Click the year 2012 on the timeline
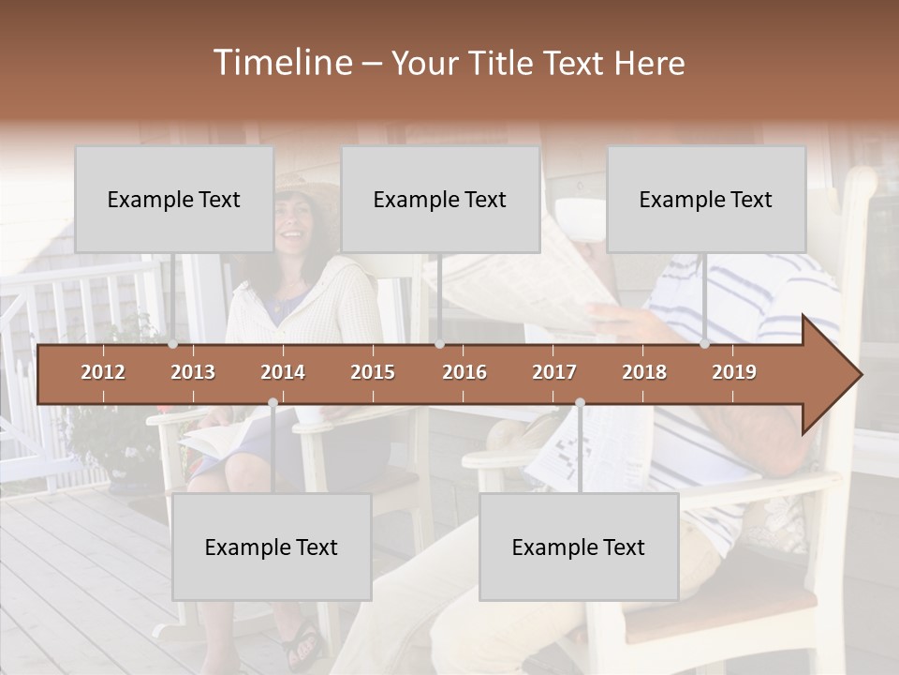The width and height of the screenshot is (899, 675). (103, 372)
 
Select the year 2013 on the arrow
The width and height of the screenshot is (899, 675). (193, 372)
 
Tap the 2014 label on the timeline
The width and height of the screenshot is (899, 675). (283, 372)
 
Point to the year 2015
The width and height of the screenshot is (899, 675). (373, 372)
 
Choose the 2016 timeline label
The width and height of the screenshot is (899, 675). (464, 372)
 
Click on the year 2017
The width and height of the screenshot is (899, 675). (554, 372)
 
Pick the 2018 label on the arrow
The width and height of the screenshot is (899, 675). (644, 372)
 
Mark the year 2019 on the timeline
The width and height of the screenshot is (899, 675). (734, 372)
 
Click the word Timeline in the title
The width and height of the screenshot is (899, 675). (281, 63)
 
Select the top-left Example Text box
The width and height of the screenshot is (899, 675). (174, 199)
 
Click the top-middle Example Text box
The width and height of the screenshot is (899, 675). (440, 199)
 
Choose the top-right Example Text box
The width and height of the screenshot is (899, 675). (706, 199)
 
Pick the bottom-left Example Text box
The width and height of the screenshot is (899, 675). (272, 547)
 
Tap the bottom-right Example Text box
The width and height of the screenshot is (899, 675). (579, 547)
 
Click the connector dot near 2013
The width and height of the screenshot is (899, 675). (172, 344)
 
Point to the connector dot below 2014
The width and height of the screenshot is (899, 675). (273, 402)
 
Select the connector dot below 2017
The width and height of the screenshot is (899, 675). (580, 402)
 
